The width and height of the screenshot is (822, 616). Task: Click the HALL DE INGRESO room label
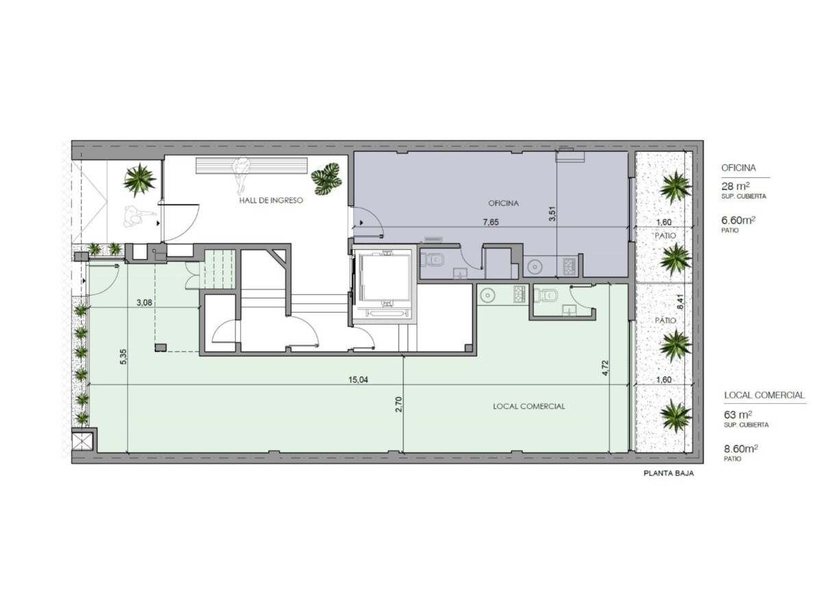271,201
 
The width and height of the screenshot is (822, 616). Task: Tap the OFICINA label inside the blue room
503,203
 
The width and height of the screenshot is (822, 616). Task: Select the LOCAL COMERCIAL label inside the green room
529,406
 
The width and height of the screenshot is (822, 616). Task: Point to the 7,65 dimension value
490,222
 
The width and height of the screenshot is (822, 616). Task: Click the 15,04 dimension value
358,380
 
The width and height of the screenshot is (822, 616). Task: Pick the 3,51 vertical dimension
552,214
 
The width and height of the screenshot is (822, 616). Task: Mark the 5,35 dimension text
124,357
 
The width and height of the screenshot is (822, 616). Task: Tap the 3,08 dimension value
144,303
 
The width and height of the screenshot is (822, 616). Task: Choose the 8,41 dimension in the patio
680,301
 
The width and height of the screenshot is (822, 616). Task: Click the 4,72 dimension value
606,368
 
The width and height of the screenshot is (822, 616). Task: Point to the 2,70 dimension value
399,405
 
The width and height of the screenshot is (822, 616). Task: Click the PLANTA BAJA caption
669,473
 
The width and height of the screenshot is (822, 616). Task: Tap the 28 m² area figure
736,186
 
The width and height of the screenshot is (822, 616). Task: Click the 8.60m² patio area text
740,448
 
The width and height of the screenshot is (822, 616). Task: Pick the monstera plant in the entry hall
327,179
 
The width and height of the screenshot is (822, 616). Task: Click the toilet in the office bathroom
434,259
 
